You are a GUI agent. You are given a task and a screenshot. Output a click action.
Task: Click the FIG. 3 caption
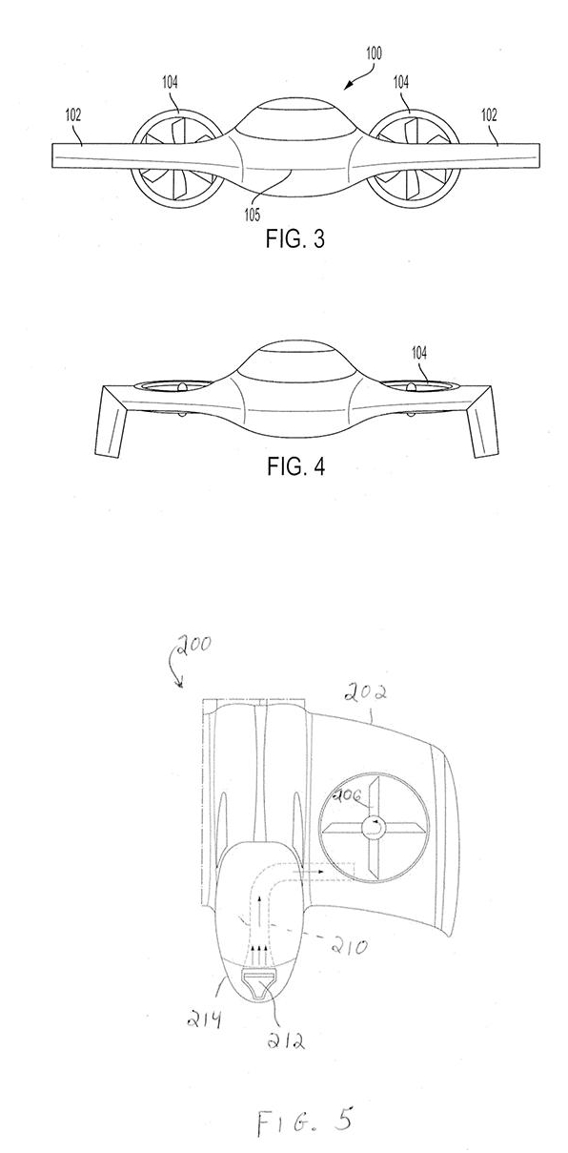294,239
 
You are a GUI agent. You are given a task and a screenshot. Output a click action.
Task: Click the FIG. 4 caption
295,466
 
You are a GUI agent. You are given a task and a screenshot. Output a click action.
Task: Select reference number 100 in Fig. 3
374,53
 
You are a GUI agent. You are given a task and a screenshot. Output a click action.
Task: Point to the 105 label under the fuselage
253,215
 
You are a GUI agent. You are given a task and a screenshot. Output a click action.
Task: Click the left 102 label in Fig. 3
72,114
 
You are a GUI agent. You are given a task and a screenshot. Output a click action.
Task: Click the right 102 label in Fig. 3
489,114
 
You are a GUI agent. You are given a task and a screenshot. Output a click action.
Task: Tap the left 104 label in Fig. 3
171,82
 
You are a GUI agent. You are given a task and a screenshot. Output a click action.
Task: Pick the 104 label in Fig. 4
418,353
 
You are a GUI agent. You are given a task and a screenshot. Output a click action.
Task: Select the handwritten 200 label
193,647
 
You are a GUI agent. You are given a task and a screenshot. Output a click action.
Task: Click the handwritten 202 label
365,694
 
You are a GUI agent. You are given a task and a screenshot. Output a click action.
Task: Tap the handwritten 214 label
204,1018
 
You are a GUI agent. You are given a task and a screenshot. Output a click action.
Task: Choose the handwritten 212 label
286,1040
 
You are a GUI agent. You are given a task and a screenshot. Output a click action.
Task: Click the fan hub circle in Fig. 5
374,827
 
